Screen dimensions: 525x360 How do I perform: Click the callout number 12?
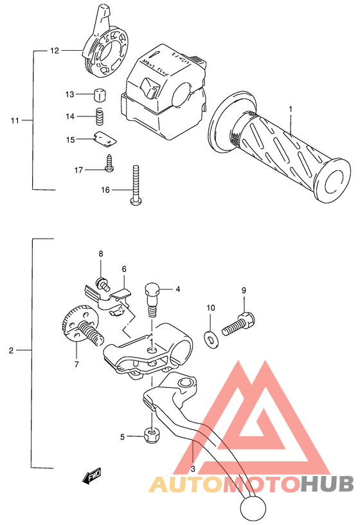pyautogui.click(x=55, y=50)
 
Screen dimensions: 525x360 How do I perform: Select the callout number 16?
pyautogui.click(x=106, y=190)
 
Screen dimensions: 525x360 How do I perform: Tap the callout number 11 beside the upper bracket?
pyautogui.click(x=15, y=120)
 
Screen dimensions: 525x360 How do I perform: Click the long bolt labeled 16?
pyautogui.click(x=136, y=184)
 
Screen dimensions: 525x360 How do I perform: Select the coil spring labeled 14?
pyautogui.click(x=100, y=117)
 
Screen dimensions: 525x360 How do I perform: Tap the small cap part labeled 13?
pyautogui.click(x=99, y=94)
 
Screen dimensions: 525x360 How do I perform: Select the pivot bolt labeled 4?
pyautogui.click(x=153, y=297)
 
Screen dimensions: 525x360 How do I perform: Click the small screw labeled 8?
pyautogui.click(x=101, y=281)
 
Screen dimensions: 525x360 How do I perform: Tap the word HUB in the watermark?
pyautogui.click(x=328, y=484)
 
